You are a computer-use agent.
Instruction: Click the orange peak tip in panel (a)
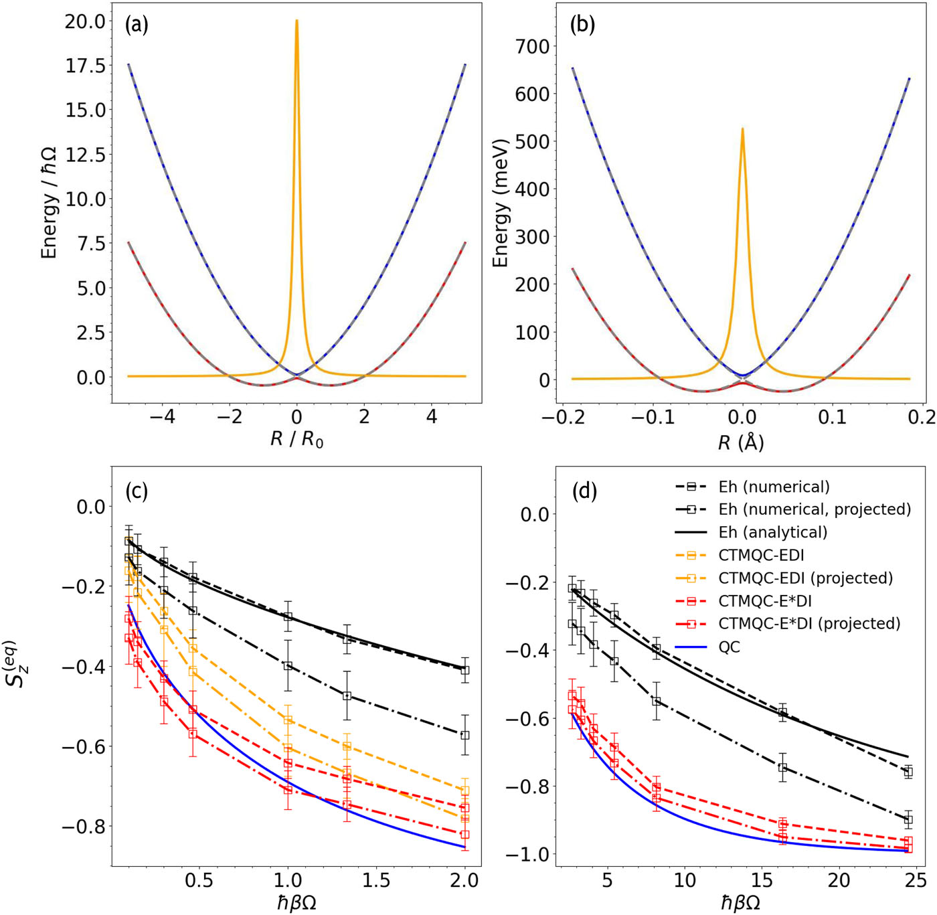pyautogui.click(x=296, y=21)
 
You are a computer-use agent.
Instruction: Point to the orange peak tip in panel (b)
pyautogui.click(x=742, y=129)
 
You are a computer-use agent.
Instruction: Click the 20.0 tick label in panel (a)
pyautogui.click(x=85, y=21)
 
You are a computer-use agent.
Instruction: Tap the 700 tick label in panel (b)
pyautogui.click(x=531, y=47)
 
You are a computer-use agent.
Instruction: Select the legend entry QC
pyautogui.click(x=730, y=647)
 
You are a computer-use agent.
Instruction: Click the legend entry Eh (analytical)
pyautogui.click(x=772, y=532)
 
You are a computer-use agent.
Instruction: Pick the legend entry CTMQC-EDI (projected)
pyautogui.click(x=805, y=578)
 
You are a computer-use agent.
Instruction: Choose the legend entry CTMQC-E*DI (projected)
pyautogui.click(x=809, y=623)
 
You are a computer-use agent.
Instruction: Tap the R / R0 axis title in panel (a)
pyautogui.click(x=296, y=440)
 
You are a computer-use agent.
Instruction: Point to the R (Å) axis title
pyautogui.click(x=741, y=442)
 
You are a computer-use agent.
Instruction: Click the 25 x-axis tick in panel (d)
pyautogui.click(x=916, y=880)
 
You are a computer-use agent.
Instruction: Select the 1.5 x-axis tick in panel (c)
pyautogui.click(x=376, y=880)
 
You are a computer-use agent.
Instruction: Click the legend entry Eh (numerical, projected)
pyautogui.click(x=814, y=509)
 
